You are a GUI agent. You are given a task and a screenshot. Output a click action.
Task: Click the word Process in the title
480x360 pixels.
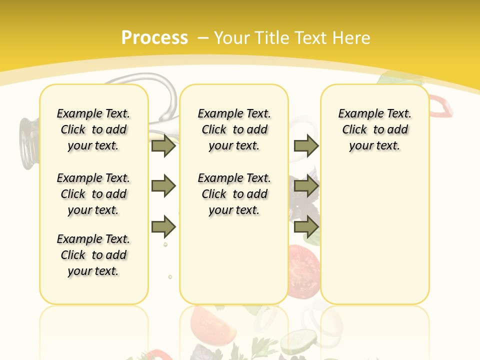[x=154, y=37]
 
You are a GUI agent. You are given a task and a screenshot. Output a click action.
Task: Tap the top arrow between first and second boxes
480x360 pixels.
[x=163, y=145]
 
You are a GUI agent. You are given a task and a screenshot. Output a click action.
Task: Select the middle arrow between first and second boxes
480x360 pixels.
[x=163, y=186]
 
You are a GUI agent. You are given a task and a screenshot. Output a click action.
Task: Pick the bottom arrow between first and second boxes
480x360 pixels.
[x=163, y=226]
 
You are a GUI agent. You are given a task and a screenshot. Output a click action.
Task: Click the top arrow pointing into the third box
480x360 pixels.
[x=306, y=145]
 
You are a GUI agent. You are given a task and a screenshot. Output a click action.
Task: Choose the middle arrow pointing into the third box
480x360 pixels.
[x=306, y=186]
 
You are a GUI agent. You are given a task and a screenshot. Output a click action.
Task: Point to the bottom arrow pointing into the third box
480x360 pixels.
[x=306, y=226]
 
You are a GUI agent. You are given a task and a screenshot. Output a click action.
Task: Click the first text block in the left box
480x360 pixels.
[x=93, y=129]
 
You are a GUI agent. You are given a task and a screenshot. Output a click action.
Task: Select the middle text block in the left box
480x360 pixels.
[x=93, y=194]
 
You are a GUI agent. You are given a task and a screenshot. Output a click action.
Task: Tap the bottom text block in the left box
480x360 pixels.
[x=93, y=255]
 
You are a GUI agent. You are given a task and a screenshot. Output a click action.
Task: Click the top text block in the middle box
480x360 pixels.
[x=234, y=129]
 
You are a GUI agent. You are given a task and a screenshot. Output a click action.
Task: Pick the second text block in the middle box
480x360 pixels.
[x=234, y=194]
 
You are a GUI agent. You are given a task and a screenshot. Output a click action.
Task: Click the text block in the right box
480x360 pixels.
[x=374, y=129]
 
